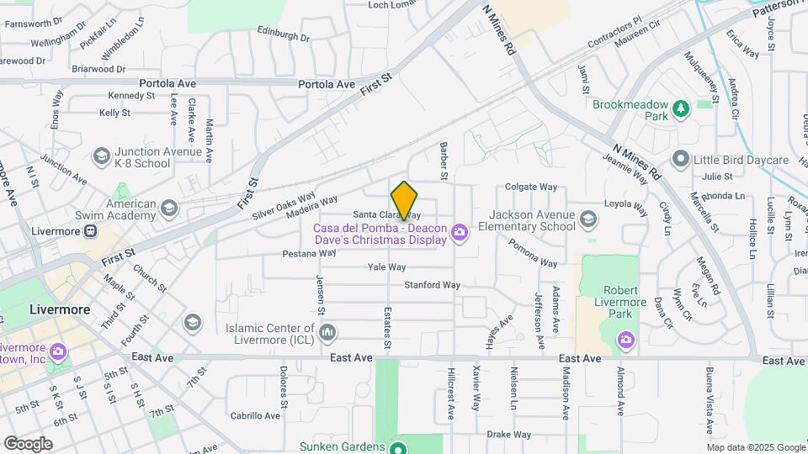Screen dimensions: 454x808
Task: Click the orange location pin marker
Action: [x=405, y=200]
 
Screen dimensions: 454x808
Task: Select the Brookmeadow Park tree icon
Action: [x=681, y=106]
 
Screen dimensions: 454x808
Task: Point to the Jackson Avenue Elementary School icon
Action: [x=587, y=219]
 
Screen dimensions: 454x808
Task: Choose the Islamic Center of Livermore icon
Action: [x=327, y=334]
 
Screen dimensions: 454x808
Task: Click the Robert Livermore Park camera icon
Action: [x=625, y=339]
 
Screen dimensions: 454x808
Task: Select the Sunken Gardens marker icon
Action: [x=401, y=446]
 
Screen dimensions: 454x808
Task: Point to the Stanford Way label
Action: [x=433, y=285]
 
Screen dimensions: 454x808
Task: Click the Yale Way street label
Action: [x=387, y=267]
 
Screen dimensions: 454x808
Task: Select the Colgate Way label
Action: [x=531, y=187]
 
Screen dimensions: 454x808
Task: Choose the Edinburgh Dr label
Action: [x=284, y=37]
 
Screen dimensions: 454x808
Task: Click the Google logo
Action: [x=28, y=443]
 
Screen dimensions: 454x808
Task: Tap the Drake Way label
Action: [x=509, y=435]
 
